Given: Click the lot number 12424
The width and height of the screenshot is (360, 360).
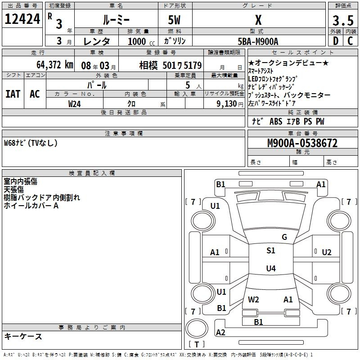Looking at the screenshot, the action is click(22, 19).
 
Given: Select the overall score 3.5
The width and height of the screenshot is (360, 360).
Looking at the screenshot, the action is click(343, 20).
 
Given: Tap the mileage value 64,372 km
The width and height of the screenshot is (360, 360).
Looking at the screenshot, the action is click(55, 65).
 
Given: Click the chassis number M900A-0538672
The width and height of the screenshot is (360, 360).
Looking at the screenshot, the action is click(302, 143).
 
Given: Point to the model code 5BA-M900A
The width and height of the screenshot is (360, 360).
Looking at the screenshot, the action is click(258, 41).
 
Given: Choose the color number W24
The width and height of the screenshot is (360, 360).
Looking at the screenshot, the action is click(74, 104).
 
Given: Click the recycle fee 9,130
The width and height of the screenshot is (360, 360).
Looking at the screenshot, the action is click(227, 104).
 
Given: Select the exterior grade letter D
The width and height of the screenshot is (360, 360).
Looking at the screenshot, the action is click(336, 41).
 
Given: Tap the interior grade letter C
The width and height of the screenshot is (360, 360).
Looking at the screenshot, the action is click(350, 41).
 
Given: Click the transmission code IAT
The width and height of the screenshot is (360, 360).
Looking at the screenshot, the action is click(13, 94).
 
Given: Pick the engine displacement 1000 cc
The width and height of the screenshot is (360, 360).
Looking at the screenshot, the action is click(141, 41).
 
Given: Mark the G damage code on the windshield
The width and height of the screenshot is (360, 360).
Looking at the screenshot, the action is click(284, 237).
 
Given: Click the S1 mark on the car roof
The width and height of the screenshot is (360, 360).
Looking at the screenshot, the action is click(271, 251).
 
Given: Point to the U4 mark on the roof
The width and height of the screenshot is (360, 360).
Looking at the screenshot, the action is click(271, 268).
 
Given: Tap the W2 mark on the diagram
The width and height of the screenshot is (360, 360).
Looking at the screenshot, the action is click(253, 300).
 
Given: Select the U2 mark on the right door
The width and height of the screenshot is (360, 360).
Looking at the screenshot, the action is click(327, 252).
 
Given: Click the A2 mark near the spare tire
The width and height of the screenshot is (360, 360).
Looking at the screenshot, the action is click(220, 332).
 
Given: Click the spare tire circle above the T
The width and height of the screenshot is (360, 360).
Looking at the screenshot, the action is click(197, 328).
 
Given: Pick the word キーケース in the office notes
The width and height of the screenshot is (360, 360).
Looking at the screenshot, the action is click(23, 337).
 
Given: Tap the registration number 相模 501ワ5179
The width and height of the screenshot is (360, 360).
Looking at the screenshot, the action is click(171, 66).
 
